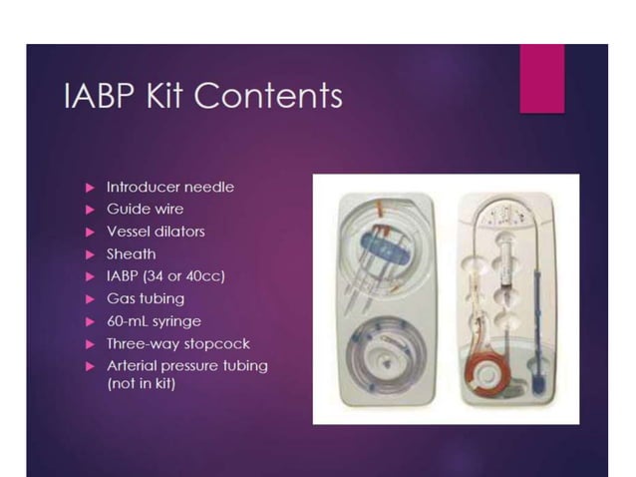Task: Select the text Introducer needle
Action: pos(170,187)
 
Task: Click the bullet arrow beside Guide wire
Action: pos(90,210)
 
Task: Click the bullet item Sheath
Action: pos(131,253)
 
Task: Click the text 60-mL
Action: pos(129,320)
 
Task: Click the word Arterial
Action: pos(134,365)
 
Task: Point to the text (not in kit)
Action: pos(142,383)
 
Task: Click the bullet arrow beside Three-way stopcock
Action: pos(90,343)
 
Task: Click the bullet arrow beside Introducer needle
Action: pos(90,187)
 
